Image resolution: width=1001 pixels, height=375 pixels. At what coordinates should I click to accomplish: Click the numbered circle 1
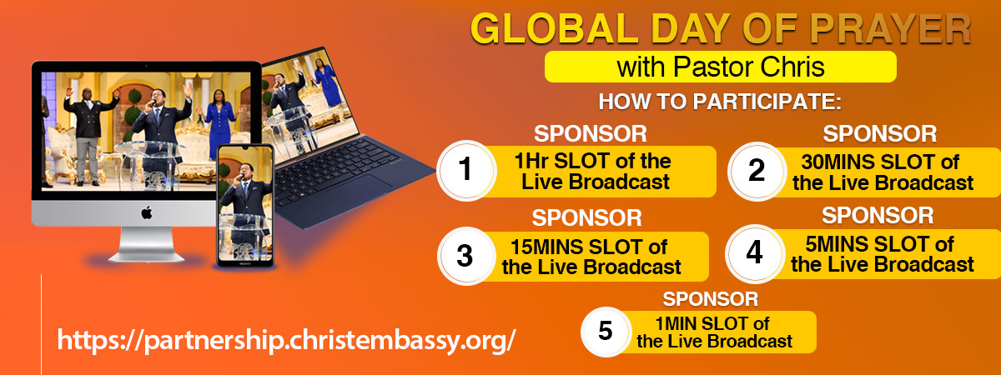coord(466,170)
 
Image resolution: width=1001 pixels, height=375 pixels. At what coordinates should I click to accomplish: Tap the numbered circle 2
coord(757,171)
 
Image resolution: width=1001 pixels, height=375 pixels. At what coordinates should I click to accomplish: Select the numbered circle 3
coord(466,256)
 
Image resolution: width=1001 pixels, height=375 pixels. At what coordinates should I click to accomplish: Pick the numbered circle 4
coord(755,253)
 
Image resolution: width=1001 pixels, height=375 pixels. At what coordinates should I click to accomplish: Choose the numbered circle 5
coord(606,332)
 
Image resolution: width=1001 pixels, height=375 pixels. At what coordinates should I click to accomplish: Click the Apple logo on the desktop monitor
coord(147,213)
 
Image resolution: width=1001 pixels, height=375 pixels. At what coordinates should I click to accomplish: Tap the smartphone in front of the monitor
coord(245,206)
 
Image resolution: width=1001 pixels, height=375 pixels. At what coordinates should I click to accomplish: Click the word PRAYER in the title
coord(890,29)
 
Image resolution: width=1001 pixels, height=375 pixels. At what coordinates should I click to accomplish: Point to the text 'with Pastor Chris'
coord(721,67)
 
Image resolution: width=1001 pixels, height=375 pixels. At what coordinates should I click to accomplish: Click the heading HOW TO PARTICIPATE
coord(720,102)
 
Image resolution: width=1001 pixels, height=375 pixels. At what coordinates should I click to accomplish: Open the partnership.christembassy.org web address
coord(286,340)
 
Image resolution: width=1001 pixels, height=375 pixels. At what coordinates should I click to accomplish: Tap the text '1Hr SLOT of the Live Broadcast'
coord(593,172)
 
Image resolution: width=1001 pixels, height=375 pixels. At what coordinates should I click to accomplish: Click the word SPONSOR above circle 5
coord(711,299)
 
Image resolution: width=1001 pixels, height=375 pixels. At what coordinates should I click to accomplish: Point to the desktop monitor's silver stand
coord(147,244)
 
